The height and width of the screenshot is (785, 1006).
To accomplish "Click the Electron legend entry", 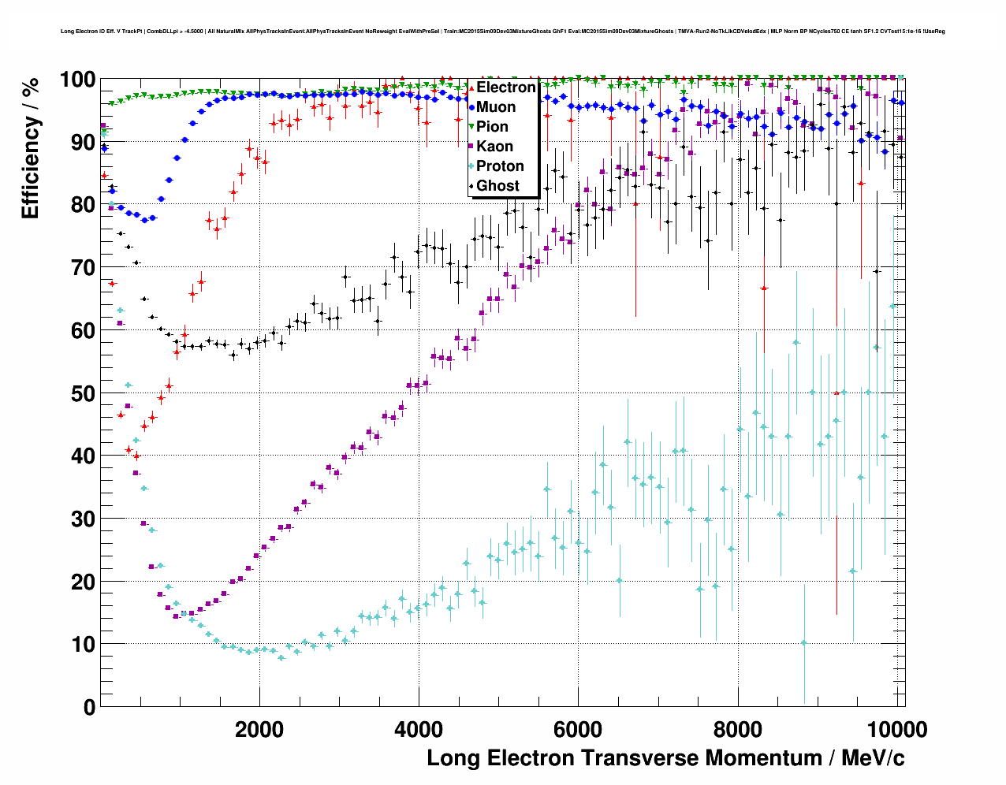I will point(505,87).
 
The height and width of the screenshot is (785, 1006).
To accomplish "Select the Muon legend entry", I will point(495,107).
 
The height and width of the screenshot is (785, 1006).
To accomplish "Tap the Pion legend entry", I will point(492,127).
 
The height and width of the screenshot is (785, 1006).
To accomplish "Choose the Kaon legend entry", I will point(494,147).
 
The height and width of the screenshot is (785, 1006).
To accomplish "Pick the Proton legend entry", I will point(500,166).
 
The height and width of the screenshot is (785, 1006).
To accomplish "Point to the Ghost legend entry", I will point(497,186).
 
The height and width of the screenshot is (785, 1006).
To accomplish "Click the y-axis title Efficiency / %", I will point(31,147).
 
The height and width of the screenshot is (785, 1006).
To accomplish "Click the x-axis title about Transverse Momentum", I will point(665,758).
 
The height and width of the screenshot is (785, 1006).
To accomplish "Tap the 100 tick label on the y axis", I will point(77,80).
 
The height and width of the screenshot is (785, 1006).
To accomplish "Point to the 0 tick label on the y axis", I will point(90,707).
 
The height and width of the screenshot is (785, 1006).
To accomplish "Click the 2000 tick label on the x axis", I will point(259,730).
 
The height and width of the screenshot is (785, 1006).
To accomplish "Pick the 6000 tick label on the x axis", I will point(579,730).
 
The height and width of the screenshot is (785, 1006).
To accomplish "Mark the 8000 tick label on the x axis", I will point(738,730).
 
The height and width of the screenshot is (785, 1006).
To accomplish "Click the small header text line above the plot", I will point(502,32).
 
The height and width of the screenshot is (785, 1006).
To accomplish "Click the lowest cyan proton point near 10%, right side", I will point(803,642).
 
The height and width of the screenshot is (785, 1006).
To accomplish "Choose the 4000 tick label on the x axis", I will point(419,730).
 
